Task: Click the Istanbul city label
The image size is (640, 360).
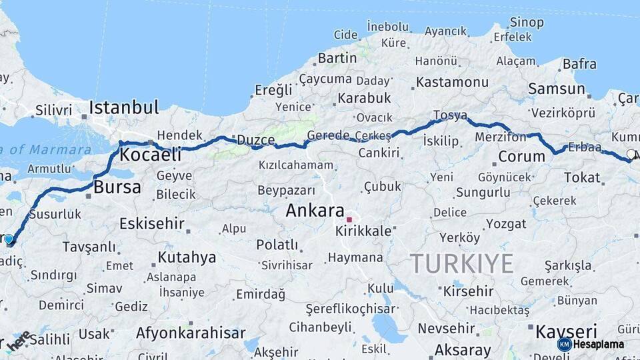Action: click(124, 107)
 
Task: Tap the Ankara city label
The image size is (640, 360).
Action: click(315, 211)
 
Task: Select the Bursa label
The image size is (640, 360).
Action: click(117, 187)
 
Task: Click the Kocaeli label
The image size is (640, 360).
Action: click(150, 155)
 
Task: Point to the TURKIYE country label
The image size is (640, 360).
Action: click(461, 263)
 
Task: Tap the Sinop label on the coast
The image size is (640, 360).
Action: click(527, 23)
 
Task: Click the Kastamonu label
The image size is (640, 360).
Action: click(453, 83)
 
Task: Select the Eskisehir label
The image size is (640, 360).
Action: click(152, 223)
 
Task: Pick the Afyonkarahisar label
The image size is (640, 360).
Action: click(191, 333)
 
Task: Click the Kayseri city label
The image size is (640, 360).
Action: click(567, 331)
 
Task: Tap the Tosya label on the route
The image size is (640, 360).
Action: click(450, 115)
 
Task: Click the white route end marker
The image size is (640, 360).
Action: click(631, 154)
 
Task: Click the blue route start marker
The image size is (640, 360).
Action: click(9, 239)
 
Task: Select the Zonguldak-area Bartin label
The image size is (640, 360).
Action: click(337, 58)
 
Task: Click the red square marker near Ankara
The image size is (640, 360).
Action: click(349, 219)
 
